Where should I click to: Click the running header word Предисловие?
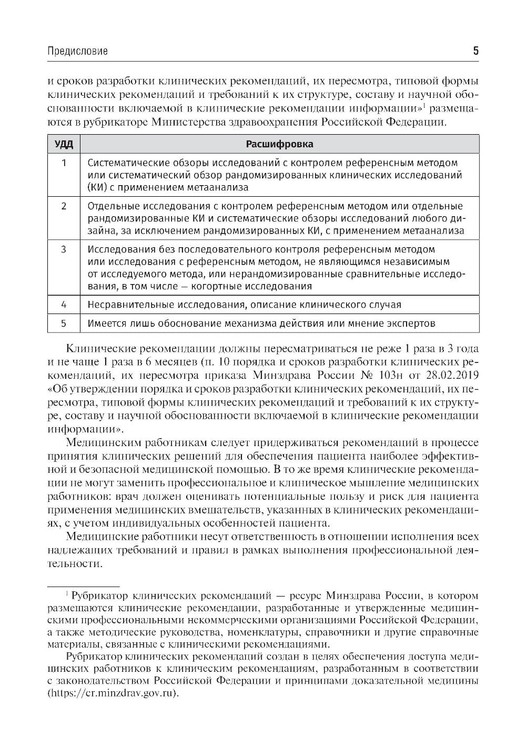click(77, 51)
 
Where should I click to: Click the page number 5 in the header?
click(476, 51)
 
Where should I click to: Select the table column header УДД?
click(64, 144)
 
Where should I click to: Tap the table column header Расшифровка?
click(279, 144)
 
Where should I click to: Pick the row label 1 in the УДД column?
click(64, 163)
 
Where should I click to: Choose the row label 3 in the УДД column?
click(64, 249)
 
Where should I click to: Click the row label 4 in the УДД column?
click(64, 305)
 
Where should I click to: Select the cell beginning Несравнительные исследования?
click(244, 305)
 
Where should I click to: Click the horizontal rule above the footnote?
click(83, 586)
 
